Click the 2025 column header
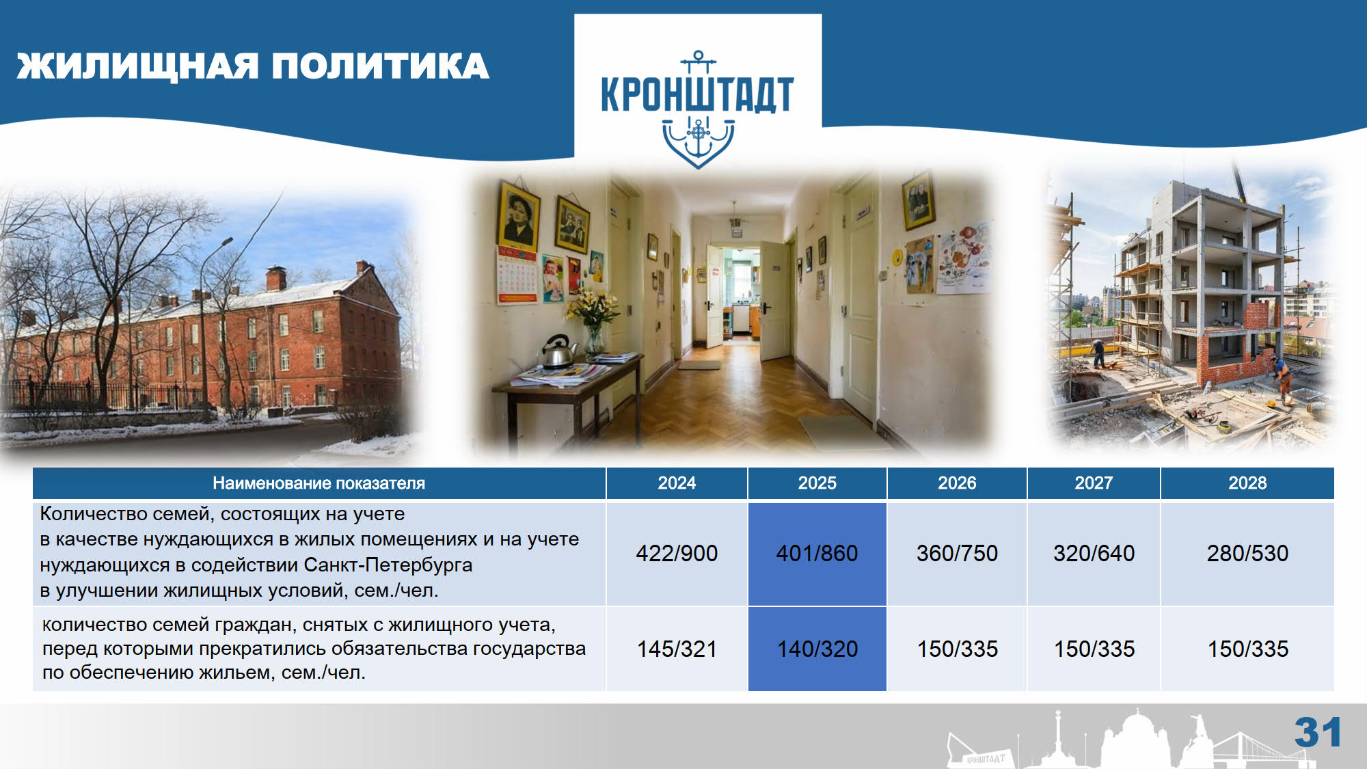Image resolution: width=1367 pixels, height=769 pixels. point(817,483)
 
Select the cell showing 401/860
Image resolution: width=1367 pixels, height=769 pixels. point(817,554)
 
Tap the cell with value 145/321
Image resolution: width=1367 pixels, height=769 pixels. point(677,649)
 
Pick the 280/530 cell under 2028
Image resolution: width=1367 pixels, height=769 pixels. point(1247,554)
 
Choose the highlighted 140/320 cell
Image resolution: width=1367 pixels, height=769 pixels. point(817,649)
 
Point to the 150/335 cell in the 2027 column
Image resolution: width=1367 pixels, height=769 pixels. point(1094,649)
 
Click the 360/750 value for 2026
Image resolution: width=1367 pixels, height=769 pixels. point(957,554)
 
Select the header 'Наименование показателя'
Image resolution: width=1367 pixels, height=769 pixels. point(319,483)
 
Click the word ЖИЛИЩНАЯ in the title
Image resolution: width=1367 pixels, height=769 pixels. point(137,66)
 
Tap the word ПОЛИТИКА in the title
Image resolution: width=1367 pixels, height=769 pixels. point(380,66)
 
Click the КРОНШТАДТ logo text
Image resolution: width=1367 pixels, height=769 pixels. point(697,94)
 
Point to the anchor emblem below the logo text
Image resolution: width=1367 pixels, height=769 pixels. point(698,142)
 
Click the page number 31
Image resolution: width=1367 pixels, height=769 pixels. point(1318,733)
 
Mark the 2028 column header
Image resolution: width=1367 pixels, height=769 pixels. point(1247,483)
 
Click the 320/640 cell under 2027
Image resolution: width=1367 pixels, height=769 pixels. point(1094,554)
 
